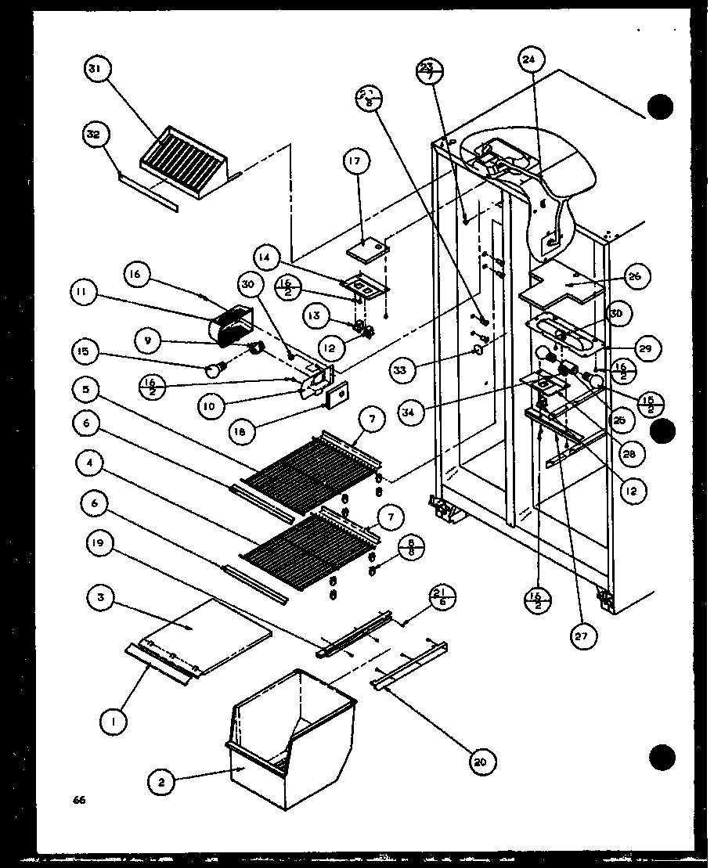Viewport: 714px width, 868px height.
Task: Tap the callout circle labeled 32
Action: coord(95,135)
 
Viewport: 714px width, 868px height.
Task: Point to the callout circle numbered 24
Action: coord(530,59)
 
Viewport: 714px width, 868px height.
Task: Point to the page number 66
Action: coord(79,800)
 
